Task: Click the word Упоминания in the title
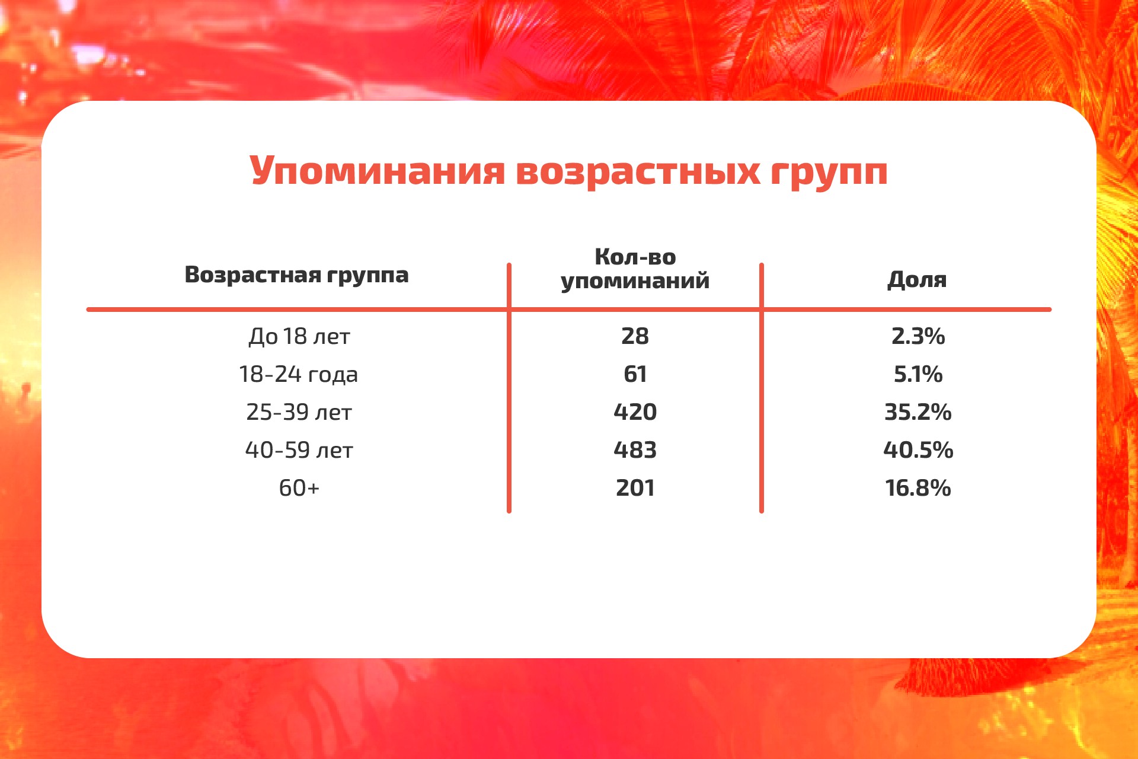click(x=377, y=171)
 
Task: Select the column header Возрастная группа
click(x=296, y=275)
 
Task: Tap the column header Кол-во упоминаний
click(x=635, y=269)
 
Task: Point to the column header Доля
click(x=917, y=279)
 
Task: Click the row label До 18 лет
click(x=299, y=336)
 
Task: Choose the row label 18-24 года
click(x=298, y=374)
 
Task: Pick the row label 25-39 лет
click(x=299, y=412)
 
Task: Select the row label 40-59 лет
click(x=299, y=450)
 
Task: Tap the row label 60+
click(x=299, y=488)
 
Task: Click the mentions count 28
click(x=635, y=336)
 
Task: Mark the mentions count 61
click(x=635, y=374)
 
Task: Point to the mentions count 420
click(x=635, y=412)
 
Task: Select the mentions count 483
click(x=635, y=450)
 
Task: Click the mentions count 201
click(x=635, y=488)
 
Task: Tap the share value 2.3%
click(x=918, y=336)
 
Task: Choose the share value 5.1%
click(x=918, y=374)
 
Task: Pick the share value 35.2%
click(x=918, y=412)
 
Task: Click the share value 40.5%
click(x=918, y=450)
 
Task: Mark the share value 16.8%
click(x=918, y=488)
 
